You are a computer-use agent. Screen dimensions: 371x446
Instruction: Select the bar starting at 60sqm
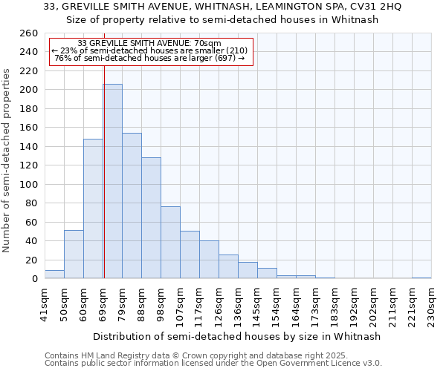tap(93, 209)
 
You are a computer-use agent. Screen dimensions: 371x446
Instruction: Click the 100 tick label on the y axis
tap(28, 184)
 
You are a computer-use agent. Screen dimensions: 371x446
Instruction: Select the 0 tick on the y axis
tap(34, 279)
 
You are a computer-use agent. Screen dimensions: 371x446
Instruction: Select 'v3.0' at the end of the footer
tap(373, 364)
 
